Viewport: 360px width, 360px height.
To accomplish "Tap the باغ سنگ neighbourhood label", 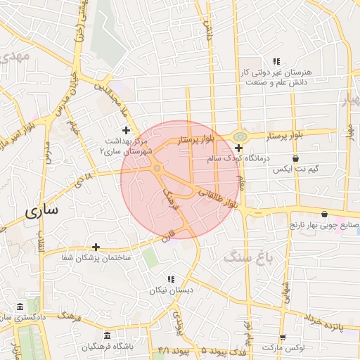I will point(252,258).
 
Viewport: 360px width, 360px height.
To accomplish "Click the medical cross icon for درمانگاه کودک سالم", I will point(239,148).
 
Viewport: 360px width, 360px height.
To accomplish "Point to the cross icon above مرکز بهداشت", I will point(126,130).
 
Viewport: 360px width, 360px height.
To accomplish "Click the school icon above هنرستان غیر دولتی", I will point(277,62).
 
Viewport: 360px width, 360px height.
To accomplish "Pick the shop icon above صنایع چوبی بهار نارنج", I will point(324,214).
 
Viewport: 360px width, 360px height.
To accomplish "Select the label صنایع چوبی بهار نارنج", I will point(324,226).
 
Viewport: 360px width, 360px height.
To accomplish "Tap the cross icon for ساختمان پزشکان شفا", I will point(96,247).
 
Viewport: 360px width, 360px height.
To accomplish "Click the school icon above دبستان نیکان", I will point(171,279).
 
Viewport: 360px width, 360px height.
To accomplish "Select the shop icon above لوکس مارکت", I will point(282,337).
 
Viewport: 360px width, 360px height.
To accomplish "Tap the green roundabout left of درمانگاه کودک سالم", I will point(240,134).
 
